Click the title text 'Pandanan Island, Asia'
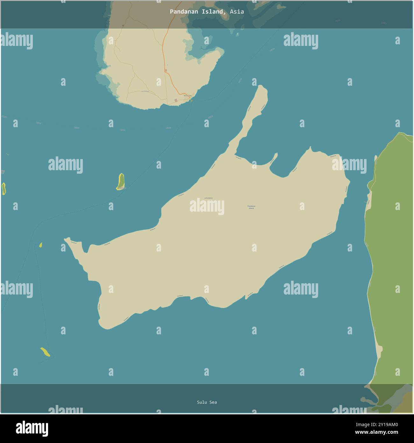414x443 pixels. [207, 12]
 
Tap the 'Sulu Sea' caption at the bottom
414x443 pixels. [207, 402]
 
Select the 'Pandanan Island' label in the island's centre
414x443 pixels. [251, 207]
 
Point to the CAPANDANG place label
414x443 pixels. [208, 198]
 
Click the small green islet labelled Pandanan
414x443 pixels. [121, 182]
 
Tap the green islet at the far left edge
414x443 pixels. [4, 189]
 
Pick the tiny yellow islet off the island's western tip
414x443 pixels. [40, 245]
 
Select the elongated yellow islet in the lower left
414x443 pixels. [45, 352]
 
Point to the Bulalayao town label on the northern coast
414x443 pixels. [188, 96]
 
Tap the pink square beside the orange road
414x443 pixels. [166, 70]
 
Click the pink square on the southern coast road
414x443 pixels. [176, 100]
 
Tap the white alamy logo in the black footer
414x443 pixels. [32, 428]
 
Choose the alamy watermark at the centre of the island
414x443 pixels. [207, 207]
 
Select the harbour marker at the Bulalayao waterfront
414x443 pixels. [191, 100]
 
